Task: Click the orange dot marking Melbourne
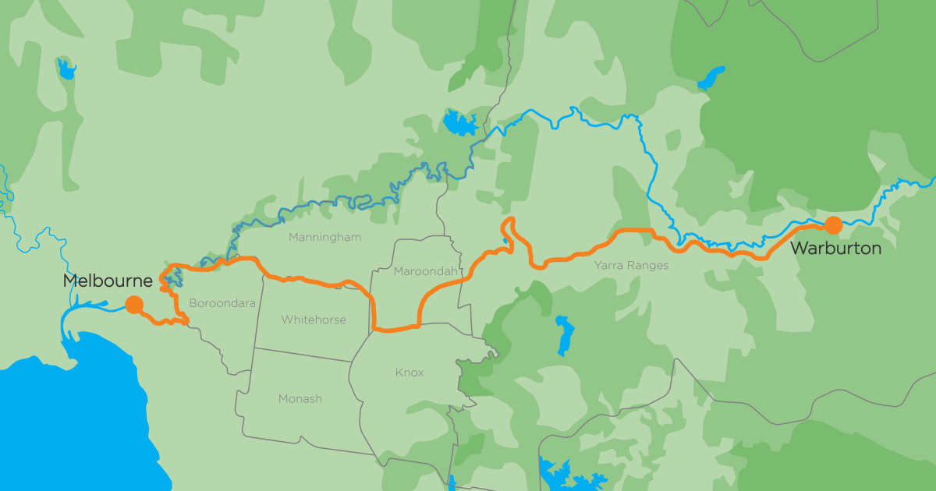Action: tap(134, 305)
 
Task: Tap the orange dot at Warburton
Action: tap(833, 225)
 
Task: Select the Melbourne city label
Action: tap(107, 281)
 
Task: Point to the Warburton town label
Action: tap(835, 249)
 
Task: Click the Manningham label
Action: tap(324, 237)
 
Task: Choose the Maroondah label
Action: tap(421, 272)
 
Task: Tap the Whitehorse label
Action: tap(314, 320)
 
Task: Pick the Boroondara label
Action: tap(222, 303)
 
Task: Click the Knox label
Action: tap(409, 373)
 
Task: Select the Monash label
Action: tap(300, 399)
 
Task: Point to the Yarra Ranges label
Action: tap(631, 266)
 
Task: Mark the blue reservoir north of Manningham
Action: tap(459, 123)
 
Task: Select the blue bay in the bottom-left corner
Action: tap(62, 421)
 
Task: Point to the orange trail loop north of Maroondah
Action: tap(509, 230)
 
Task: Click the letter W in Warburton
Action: tap(800, 249)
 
